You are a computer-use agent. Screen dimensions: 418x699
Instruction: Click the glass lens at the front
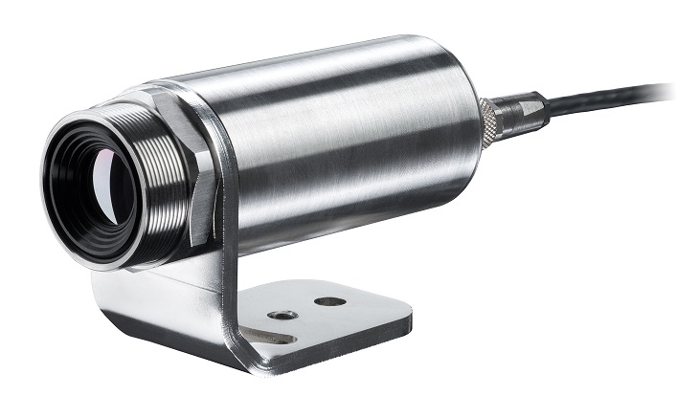pos(96,178)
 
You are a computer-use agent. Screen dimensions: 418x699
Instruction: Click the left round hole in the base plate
pos(281,314)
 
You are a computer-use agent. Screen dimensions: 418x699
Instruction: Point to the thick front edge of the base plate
pos(316,349)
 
